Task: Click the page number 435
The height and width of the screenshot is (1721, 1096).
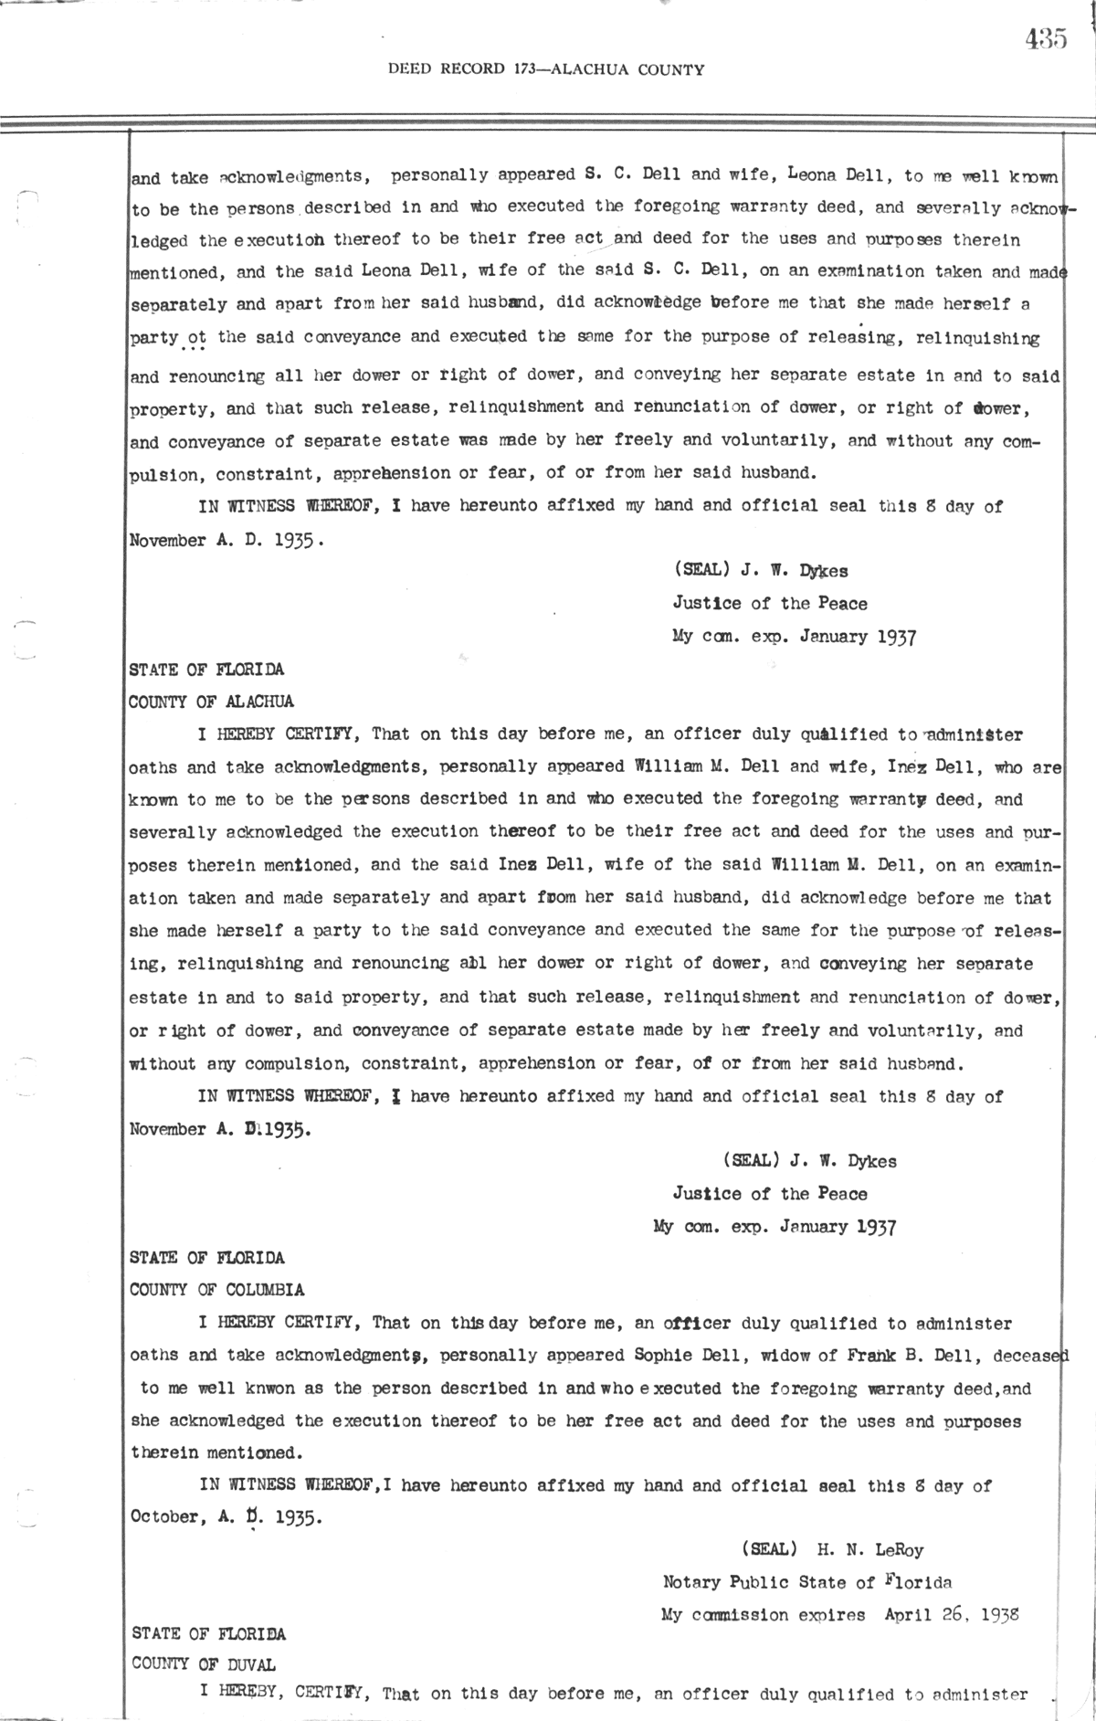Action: [x=1045, y=38]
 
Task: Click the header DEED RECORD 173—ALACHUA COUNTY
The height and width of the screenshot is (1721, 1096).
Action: [x=546, y=69]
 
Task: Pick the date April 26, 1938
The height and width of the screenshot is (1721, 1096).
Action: [x=953, y=1614]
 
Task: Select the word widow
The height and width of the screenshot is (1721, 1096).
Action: [x=765, y=1356]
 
